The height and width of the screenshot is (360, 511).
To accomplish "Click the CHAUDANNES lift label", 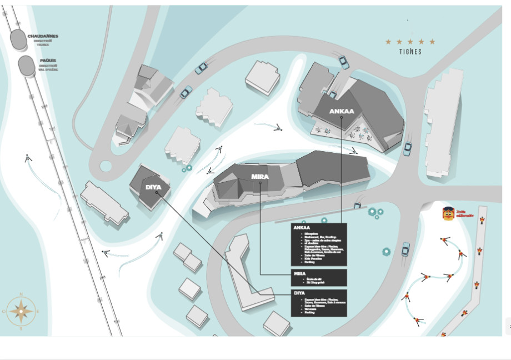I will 43,37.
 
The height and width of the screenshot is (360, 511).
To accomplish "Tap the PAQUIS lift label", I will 48,61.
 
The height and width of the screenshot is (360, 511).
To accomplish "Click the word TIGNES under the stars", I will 410,52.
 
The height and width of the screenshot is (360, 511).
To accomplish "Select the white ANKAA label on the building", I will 341,111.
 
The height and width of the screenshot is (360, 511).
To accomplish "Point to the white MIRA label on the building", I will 260,177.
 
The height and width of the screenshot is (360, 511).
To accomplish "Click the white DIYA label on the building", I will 153,187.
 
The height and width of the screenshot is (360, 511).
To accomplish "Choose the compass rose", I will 21,311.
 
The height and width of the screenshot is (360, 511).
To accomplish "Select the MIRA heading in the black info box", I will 299,273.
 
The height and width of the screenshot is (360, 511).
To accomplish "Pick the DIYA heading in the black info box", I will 299,293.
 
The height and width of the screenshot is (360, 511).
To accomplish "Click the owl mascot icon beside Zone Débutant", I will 447,213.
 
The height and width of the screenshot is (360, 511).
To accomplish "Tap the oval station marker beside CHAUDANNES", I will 18,39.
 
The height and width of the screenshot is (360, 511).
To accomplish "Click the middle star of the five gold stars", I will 410,42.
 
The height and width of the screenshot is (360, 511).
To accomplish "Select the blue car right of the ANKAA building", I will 408,148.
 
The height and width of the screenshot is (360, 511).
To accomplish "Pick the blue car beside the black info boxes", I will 406,248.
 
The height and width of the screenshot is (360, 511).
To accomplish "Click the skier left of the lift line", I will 28,158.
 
